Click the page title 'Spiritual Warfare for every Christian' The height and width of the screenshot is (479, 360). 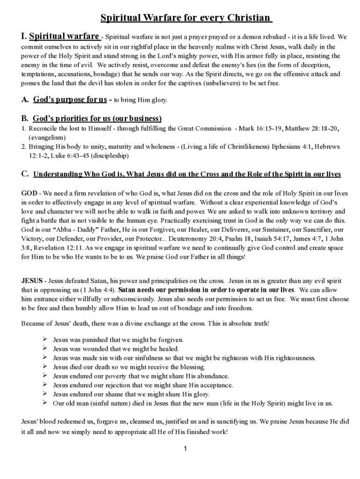tap(187, 18)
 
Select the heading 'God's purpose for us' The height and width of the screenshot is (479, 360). tap(70, 100)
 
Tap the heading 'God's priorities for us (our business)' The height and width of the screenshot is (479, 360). tap(97, 118)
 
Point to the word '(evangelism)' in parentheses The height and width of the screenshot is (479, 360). tap(47, 138)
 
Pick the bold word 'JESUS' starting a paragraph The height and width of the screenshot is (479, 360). tap(32, 281)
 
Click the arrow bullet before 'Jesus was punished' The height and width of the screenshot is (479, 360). tap(45, 340)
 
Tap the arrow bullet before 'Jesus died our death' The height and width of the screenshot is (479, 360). tap(45, 367)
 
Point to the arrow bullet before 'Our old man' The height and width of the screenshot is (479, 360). tap(45, 403)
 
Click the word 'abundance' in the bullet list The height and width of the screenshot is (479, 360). tap(211, 376)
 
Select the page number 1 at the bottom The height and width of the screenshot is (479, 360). tap(185, 449)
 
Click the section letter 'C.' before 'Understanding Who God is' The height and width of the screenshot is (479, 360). tap(26, 174)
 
